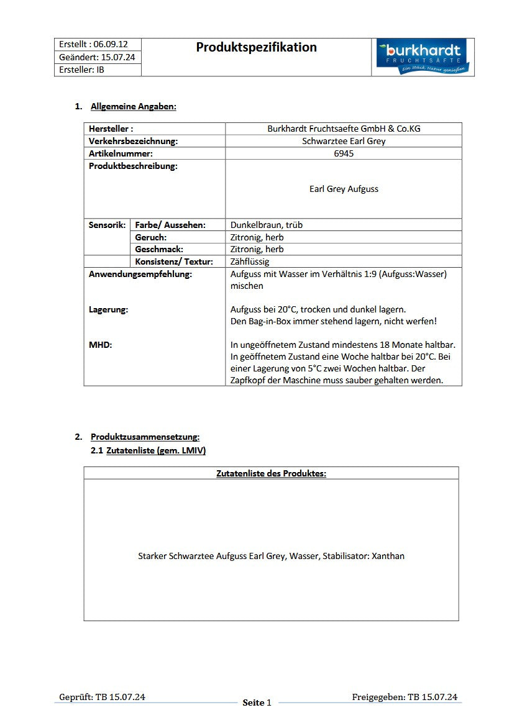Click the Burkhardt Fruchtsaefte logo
pos(423,57)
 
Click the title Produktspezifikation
pos(256,47)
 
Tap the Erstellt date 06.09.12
pos(111,45)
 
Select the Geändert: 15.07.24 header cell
pos(97,57)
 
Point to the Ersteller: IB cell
pos(81,70)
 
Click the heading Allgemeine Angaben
pos(133,106)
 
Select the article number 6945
pos(343,153)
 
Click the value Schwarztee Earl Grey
pos(343,141)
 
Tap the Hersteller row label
pos(111,129)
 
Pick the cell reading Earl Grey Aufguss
pos(343,189)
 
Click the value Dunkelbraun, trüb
pos(266,225)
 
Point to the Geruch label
pos(150,237)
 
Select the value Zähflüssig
pos(250,262)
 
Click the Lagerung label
pos(108,309)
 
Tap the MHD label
pos(100,345)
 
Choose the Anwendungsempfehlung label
pos(140,274)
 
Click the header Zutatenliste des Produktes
pos(271,473)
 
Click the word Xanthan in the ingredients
pos(388,556)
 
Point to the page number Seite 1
pos(257,703)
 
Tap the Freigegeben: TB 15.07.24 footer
pos(404,697)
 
